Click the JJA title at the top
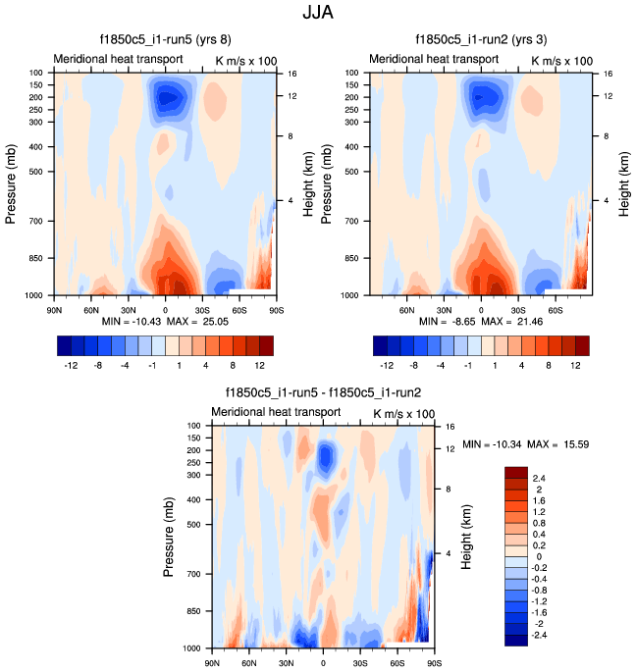pos(317,14)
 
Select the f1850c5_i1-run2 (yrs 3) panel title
pos(483,42)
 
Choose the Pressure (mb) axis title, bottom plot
pos(170,538)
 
